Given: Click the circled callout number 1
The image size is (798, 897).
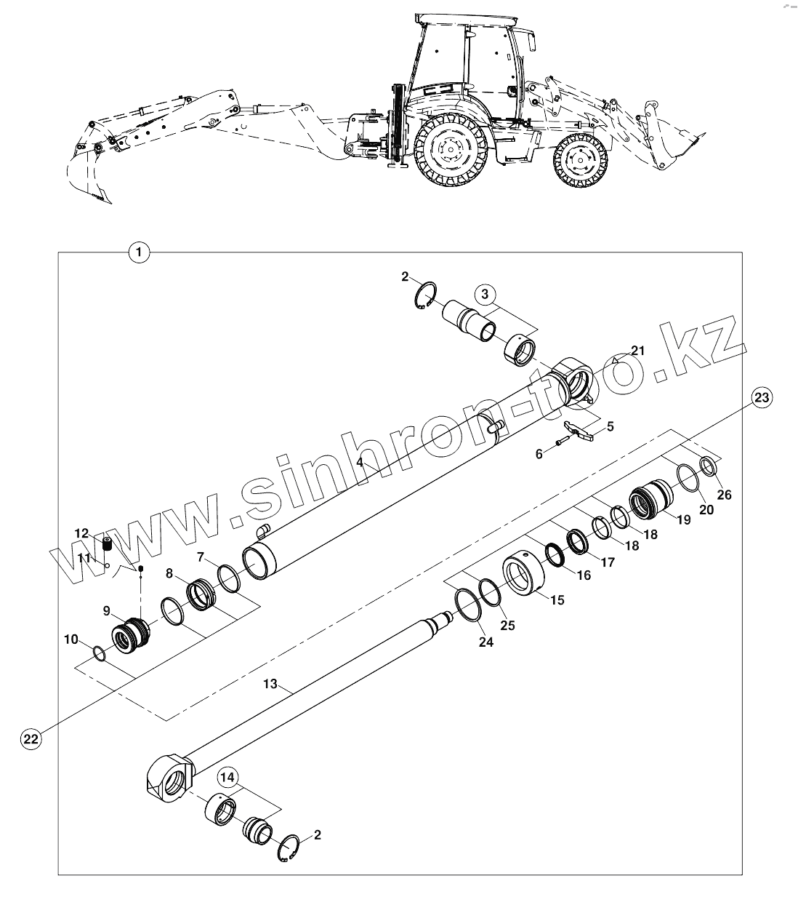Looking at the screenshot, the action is pos(138,252).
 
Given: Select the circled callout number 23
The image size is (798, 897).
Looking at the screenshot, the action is pos(761,397).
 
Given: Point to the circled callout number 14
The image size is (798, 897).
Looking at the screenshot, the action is pos(227,778).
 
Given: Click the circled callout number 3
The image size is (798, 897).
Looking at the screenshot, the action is pos(486,295).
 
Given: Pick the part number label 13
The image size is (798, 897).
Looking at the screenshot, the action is pos(270,684).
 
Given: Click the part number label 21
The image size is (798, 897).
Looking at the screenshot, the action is pos(637,351).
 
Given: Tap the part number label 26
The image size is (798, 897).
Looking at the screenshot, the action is pos(724,495).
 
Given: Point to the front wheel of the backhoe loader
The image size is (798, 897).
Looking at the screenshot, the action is pos(579,162).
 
